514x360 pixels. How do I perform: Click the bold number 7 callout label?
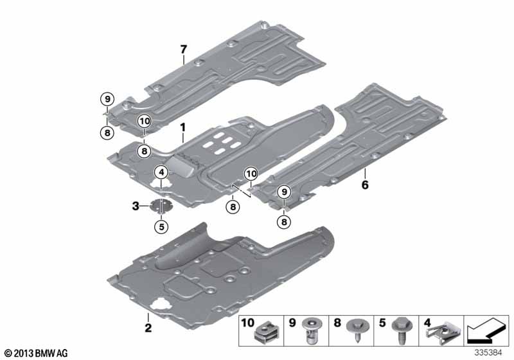183,50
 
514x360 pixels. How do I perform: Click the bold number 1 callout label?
182,127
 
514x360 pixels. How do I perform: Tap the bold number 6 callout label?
365,185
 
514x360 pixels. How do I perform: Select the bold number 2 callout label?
148,328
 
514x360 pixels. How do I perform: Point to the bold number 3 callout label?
136,206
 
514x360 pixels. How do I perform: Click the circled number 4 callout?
162,172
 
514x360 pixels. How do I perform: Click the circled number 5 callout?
161,226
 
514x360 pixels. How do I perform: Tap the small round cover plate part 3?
161,206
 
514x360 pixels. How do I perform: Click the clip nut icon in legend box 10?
266,332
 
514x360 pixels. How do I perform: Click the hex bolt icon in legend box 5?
402,330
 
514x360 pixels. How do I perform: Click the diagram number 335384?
488,353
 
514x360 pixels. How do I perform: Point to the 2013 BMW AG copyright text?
37,353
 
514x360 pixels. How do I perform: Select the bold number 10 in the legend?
247,323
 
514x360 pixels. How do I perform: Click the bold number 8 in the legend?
337,323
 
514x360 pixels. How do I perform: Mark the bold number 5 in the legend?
382,323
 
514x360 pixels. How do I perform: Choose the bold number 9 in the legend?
292,323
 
